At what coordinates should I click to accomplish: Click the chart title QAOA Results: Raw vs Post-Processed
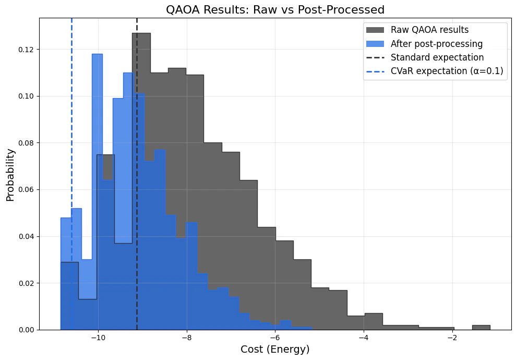[x=275, y=9]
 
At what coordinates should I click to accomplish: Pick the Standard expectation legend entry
[x=437, y=57]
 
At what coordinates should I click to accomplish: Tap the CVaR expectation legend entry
[x=447, y=71]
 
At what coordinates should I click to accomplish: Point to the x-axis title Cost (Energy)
[x=275, y=350]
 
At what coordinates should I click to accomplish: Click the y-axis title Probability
[x=10, y=175]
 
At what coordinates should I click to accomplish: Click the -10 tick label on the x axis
[x=98, y=337]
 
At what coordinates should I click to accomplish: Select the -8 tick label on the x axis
[x=186, y=337]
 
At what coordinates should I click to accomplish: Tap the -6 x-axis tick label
[x=275, y=337]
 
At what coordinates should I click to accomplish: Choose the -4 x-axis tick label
[x=364, y=337]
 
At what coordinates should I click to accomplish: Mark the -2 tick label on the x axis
[x=452, y=337]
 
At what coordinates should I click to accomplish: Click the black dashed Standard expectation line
[x=137, y=209]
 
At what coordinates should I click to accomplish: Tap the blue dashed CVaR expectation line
[x=71, y=130]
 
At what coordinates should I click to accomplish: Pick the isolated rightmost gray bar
[x=481, y=327]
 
